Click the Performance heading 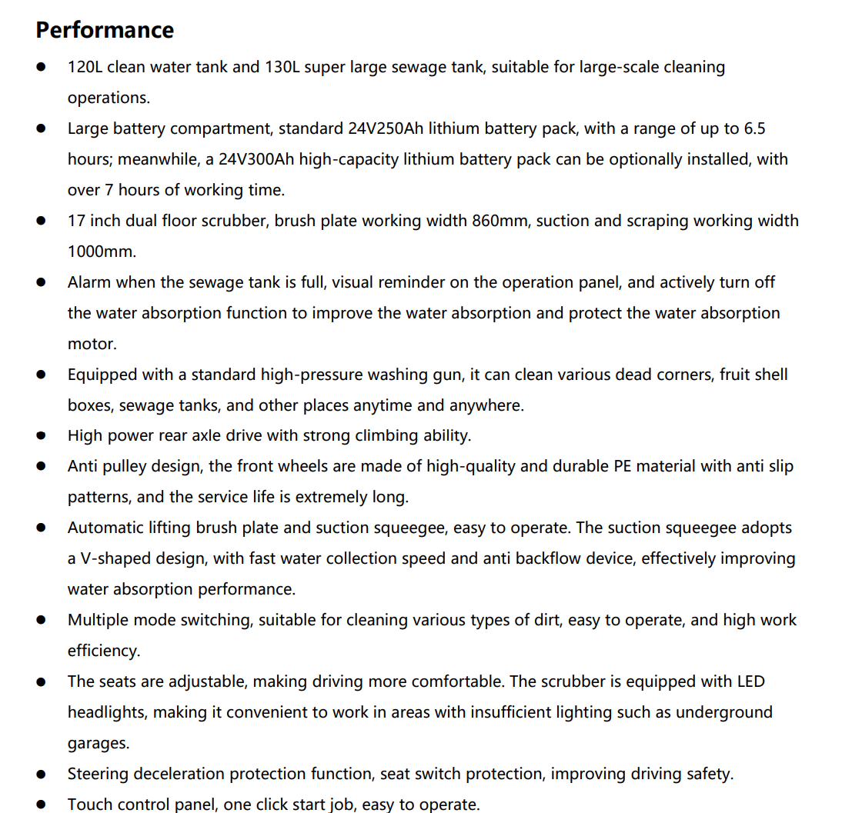105,30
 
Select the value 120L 85,67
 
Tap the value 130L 282,67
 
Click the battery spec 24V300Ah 256,159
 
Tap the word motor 92,344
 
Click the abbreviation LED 750,681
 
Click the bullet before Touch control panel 41,805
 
